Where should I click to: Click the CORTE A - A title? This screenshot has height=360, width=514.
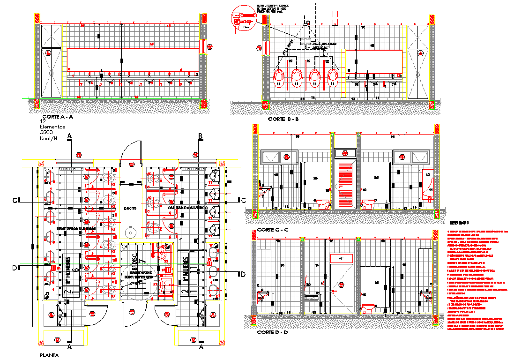pyautogui.click(x=57, y=117)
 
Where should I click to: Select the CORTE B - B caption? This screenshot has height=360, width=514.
pyautogui.click(x=283, y=120)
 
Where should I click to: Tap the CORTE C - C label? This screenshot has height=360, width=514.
pyautogui.click(x=272, y=230)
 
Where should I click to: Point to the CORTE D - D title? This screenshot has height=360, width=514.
pyautogui.click(x=272, y=332)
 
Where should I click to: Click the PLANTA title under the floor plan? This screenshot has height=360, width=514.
pyautogui.click(x=49, y=356)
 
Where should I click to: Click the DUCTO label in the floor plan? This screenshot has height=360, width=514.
pyautogui.click(x=130, y=208)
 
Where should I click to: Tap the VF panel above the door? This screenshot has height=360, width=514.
pyautogui.click(x=341, y=258)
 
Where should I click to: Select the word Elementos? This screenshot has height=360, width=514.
pyautogui.click(x=52, y=127)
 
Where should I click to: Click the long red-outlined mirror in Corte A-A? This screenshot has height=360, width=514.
pyautogui.click(x=134, y=60)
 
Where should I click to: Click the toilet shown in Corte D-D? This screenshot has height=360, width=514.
pyautogui.click(x=368, y=308)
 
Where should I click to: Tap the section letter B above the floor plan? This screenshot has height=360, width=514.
pyautogui.click(x=200, y=136)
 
